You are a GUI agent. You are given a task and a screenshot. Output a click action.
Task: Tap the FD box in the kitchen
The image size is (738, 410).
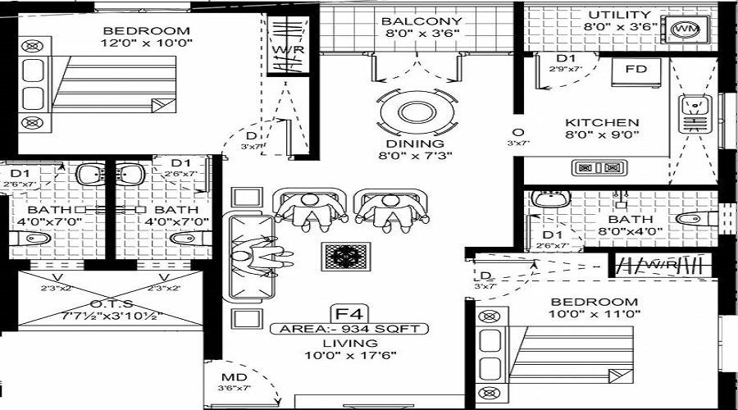[x=636, y=69]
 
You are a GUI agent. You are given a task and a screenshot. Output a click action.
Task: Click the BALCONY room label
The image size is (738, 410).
[x=421, y=20]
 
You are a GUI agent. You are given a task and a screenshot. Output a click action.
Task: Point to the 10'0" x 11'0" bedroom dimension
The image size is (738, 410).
[x=594, y=314]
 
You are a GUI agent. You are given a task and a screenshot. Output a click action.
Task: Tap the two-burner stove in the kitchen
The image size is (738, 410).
[x=597, y=169]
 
